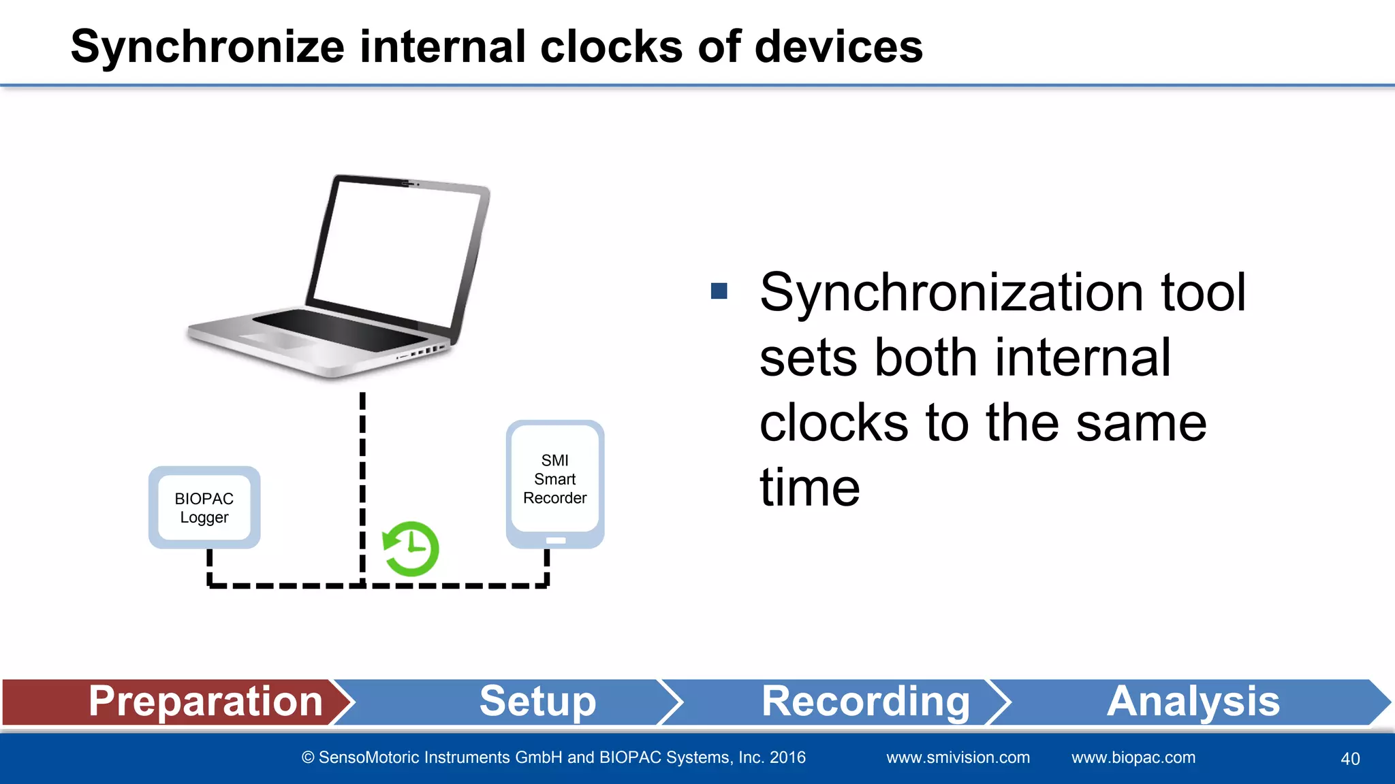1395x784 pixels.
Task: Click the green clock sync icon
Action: click(411, 549)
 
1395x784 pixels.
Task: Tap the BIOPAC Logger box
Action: click(204, 508)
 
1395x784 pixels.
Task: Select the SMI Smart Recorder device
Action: click(555, 479)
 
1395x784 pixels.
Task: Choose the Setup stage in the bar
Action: click(538, 702)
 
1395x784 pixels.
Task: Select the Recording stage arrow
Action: click(865, 702)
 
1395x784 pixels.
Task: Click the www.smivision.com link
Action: click(958, 757)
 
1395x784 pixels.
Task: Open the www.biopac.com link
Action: click(1133, 757)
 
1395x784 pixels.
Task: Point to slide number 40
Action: click(1350, 759)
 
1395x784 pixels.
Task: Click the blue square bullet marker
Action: click(719, 291)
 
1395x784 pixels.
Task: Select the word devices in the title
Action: click(838, 48)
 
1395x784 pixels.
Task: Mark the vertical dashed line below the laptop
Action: click(362, 476)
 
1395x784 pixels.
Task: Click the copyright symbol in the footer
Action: click(309, 758)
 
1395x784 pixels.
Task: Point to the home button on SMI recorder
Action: click(556, 540)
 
